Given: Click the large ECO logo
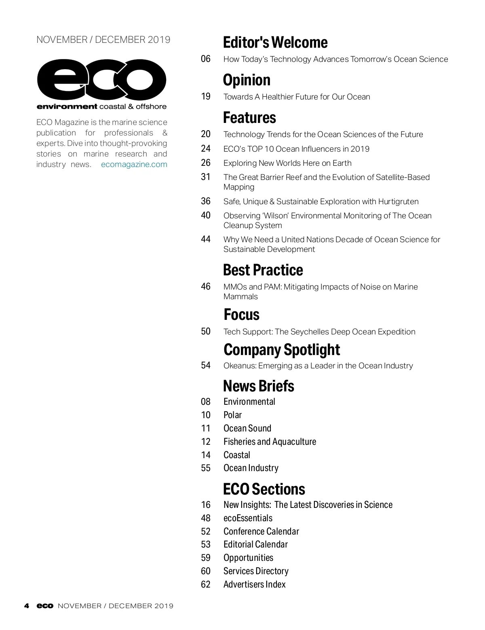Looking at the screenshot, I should pos(101,80).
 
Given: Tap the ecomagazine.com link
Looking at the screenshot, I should pos(134,164).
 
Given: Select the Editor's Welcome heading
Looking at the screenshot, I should pos(275,42).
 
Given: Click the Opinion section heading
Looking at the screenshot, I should pos(247,80).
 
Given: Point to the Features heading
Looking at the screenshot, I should pos(249,118).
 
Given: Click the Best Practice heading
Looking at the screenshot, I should pos(263,270).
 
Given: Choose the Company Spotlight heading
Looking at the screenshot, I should pos(282,350).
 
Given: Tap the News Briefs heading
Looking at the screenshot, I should pos(259,386).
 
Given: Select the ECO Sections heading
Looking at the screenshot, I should pos(264,489).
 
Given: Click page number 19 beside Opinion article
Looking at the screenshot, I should pos(206,97).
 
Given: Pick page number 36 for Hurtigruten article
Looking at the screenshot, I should pos(206,201).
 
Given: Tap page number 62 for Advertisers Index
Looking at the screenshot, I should pos(206,584).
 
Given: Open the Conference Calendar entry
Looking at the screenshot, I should pos(261,531).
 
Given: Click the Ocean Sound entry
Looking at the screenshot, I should pos(247,428).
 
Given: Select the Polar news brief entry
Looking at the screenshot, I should pos(232,415).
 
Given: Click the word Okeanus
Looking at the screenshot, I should pos(240,366).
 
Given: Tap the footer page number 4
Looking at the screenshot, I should pos(27,606).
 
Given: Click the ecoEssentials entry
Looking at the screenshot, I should pos(248,518).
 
